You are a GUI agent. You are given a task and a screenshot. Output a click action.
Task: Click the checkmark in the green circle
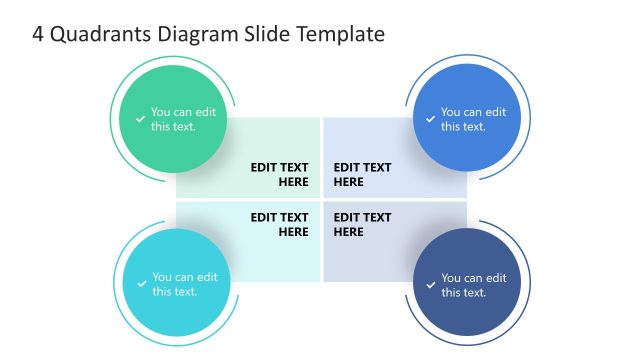click(x=141, y=119)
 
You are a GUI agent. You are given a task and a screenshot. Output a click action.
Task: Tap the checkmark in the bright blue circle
click(x=431, y=119)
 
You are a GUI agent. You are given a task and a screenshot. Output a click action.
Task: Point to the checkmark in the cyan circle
click(x=142, y=285)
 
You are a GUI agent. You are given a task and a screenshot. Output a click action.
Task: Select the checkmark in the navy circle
click(x=431, y=285)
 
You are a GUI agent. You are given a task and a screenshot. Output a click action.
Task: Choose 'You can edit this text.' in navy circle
click(x=474, y=285)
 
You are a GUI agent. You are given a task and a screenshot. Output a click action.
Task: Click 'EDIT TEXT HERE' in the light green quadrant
click(x=280, y=175)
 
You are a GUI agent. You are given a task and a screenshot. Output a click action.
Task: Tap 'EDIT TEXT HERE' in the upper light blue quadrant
click(x=362, y=175)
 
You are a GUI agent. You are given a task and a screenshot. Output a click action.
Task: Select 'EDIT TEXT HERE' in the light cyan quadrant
click(x=280, y=224)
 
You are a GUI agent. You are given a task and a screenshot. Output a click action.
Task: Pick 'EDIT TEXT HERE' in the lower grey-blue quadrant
click(x=362, y=224)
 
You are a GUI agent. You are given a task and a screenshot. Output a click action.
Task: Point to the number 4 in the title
click(x=37, y=34)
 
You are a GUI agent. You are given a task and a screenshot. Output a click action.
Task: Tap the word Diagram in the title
click(x=198, y=34)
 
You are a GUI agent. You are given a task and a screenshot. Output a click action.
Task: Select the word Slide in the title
click(x=262, y=34)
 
